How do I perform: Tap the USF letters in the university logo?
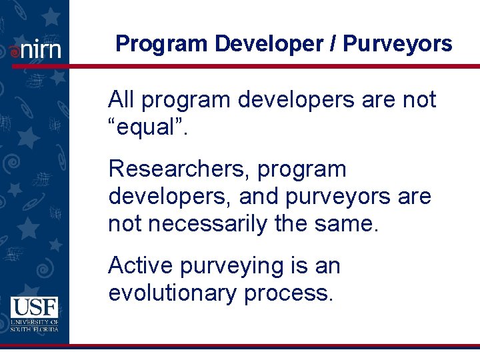pos(34,307)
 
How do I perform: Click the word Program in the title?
pos(162,44)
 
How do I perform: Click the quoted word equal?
pos(147,127)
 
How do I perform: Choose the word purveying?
pos(230,267)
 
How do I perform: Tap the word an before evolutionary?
pos(327,267)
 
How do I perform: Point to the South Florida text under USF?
pos(34,328)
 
